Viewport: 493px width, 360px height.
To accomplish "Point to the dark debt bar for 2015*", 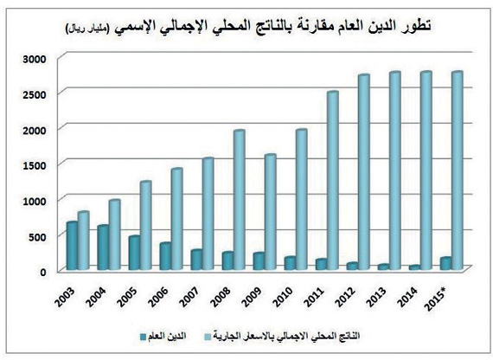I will pyautogui.click(x=445, y=264).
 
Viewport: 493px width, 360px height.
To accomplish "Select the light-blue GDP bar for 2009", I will pyautogui.click(x=270, y=213).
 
